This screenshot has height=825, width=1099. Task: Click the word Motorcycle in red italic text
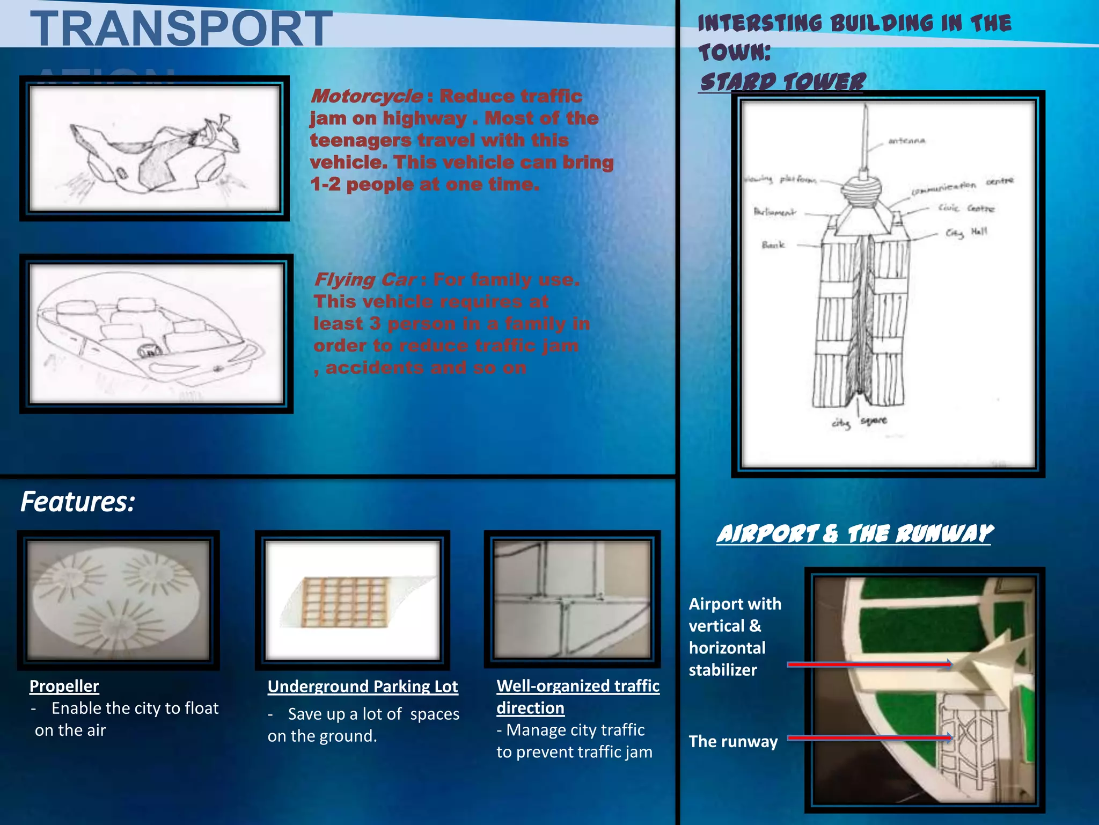click(x=367, y=97)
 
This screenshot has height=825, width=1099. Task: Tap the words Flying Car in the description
click(x=365, y=280)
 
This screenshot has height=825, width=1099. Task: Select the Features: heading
click(x=78, y=502)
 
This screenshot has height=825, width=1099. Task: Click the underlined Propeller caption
click(x=64, y=686)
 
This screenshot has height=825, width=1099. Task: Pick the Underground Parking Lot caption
click(x=363, y=686)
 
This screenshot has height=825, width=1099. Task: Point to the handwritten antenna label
click(x=906, y=141)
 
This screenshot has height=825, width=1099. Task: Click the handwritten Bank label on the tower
click(x=773, y=245)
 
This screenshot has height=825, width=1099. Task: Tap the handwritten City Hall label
click(x=966, y=232)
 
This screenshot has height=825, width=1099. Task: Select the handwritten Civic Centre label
click(x=966, y=208)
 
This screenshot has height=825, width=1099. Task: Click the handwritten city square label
click(x=859, y=422)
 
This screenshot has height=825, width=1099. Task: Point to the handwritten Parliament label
click(x=774, y=212)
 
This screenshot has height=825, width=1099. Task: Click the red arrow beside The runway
click(x=869, y=737)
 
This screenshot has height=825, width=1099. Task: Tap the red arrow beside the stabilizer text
click(x=869, y=664)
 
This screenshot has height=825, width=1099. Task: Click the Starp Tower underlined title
click(x=782, y=82)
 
